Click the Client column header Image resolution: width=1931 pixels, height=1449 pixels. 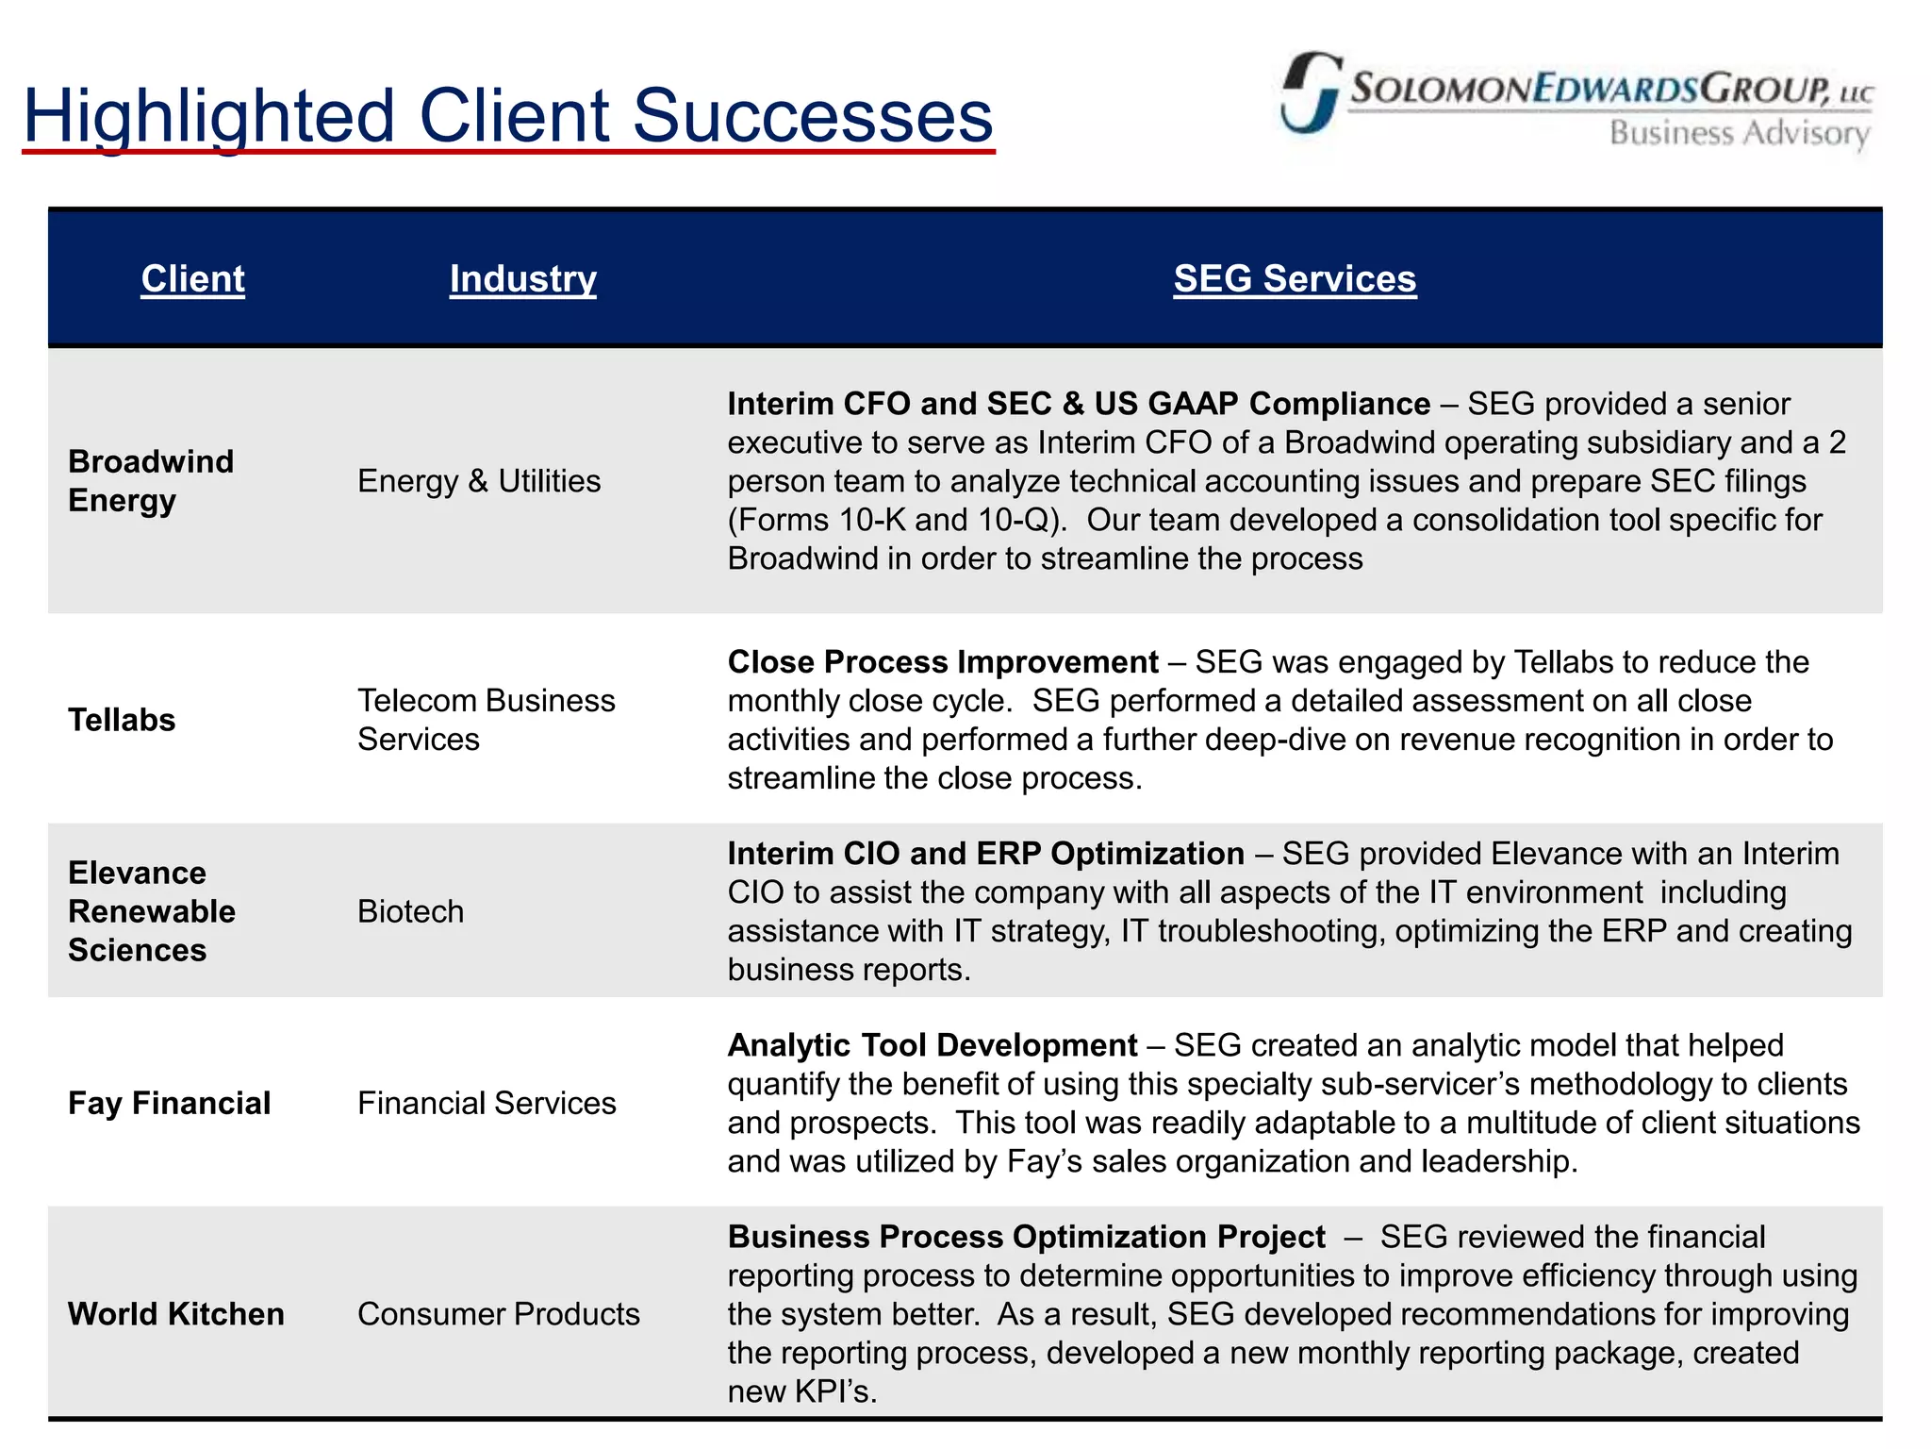coord(192,278)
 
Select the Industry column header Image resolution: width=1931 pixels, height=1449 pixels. coord(522,278)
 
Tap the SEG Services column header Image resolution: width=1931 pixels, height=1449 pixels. coord(1294,278)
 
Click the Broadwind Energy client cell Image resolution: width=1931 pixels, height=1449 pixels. coord(151,480)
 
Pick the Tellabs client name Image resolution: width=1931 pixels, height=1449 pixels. coord(122,720)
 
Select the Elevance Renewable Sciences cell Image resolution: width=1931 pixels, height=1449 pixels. coord(151,911)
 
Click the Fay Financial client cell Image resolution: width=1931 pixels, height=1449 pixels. coord(169,1103)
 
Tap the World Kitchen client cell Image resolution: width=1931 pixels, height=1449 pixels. coord(175,1313)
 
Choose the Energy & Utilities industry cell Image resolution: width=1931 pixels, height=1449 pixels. coord(478,481)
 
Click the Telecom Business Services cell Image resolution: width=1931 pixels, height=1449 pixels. coord(486,720)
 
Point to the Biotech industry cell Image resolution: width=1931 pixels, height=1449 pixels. coord(410,911)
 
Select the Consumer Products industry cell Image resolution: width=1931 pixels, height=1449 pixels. coord(498,1313)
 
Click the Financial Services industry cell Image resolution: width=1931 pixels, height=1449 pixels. coord(486,1103)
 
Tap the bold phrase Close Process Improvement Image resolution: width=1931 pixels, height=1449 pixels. coord(942,662)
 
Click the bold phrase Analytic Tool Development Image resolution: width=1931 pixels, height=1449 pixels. coord(932,1045)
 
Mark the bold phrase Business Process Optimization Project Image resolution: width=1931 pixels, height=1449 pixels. coord(1026,1237)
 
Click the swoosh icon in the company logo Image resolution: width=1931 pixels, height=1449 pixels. coord(1310,92)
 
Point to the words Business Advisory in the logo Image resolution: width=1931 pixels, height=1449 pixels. coord(1738,134)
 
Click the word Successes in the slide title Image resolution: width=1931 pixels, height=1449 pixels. coord(812,116)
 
